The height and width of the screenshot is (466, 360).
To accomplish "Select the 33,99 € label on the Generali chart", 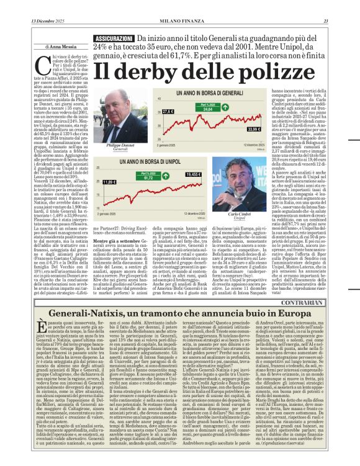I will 253,129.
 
